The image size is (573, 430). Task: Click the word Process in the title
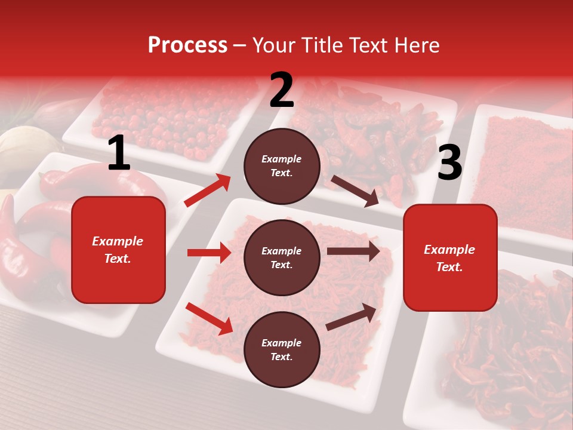tap(187, 45)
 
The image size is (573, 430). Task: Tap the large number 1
tap(119, 154)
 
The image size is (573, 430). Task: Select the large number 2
tap(282, 90)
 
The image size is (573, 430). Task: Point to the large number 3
tap(449, 164)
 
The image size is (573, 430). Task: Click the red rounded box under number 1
tap(118, 250)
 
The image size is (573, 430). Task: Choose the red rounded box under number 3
tap(450, 257)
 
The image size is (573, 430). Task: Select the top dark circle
tap(282, 166)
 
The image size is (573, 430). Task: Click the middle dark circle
tap(282, 257)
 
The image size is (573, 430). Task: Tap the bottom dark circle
tap(282, 349)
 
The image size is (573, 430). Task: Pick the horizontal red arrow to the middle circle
tap(209, 253)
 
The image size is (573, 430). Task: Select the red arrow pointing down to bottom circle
tap(209, 318)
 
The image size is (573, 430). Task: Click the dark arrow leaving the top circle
tap(355, 191)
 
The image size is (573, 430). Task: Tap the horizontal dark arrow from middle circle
tap(353, 251)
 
